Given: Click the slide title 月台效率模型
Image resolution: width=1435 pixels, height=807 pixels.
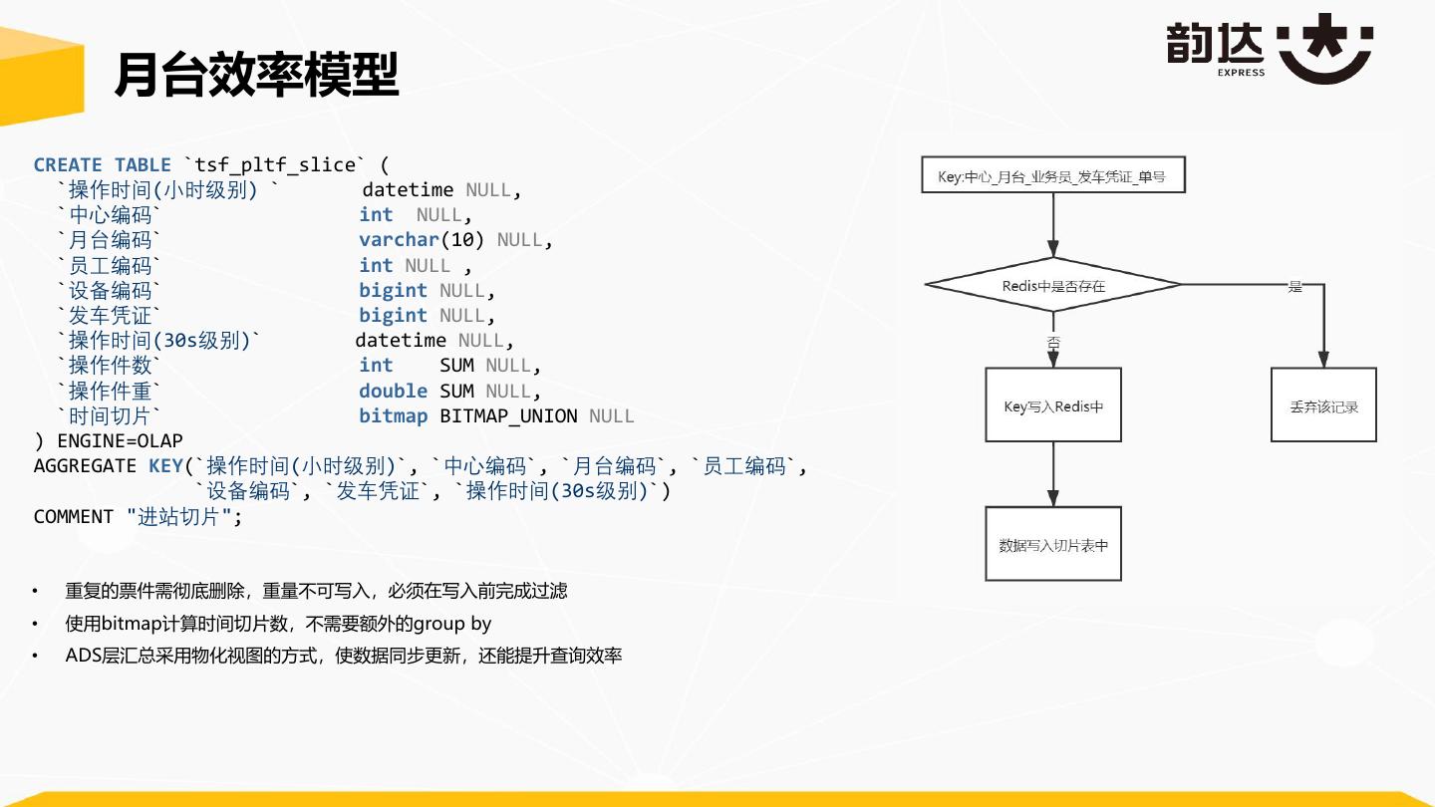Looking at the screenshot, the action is pyautogui.click(x=256, y=74).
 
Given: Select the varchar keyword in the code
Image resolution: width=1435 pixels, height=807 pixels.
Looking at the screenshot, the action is pyautogui.click(x=400, y=240).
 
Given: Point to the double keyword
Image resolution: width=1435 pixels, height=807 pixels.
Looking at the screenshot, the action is pyautogui.click(x=393, y=391).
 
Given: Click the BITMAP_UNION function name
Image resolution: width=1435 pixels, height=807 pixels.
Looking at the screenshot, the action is pyautogui.click(x=508, y=415).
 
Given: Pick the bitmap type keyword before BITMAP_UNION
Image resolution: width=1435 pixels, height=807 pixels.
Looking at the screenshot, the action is pyautogui.click(x=393, y=415).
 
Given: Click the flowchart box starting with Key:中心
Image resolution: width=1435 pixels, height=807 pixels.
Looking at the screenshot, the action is pyautogui.click(x=1052, y=177).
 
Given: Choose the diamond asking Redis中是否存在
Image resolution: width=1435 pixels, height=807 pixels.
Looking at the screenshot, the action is pyautogui.click(x=1052, y=285).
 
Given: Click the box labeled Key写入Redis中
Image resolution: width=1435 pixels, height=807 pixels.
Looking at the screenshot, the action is pyautogui.click(x=1052, y=405).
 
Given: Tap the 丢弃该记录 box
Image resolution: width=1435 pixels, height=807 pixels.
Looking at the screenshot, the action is pyautogui.click(x=1323, y=405).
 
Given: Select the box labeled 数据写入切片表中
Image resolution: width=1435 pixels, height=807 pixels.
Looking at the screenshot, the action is pyautogui.click(x=1052, y=544).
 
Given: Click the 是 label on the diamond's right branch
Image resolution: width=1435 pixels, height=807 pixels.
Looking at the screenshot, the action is pyautogui.click(x=1294, y=287).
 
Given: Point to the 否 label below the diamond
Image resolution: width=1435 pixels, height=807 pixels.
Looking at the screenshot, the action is pyautogui.click(x=1053, y=342).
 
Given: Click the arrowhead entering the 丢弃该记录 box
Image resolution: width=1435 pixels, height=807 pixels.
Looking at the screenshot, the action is pyautogui.click(x=1323, y=361).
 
